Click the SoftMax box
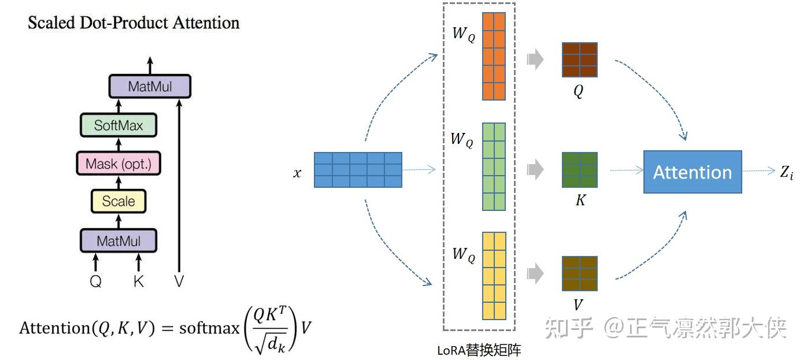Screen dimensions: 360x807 pyautogui.click(x=119, y=125)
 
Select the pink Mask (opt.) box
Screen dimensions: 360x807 pyautogui.click(x=118, y=164)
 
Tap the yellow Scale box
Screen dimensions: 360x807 pyautogui.click(x=119, y=201)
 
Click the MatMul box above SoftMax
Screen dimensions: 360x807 pyautogui.click(x=149, y=87)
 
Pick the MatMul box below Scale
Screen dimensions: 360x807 pyautogui.click(x=119, y=240)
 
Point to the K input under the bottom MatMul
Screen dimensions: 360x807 pyautogui.click(x=138, y=281)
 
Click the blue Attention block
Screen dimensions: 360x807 pyautogui.click(x=693, y=172)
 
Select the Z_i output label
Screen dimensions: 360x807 pyautogui.click(x=786, y=172)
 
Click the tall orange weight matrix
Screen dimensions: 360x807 pyautogui.click(x=494, y=56)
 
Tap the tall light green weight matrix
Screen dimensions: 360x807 pyautogui.click(x=494, y=166)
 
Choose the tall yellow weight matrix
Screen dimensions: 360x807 pyautogui.click(x=494, y=276)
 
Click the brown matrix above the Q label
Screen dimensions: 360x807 pyautogui.click(x=579, y=60)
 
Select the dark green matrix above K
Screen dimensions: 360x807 pyautogui.click(x=579, y=169)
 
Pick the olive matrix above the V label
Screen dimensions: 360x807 pyautogui.click(x=579, y=273)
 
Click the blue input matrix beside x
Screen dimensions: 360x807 pyautogui.click(x=358, y=170)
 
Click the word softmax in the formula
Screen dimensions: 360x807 pyautogui.click(x=209, y=328)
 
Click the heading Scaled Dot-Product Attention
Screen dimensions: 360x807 pyautogui.click(x=134, y=23)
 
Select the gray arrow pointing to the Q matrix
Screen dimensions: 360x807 pyautogui.click(x=535, y=60)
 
